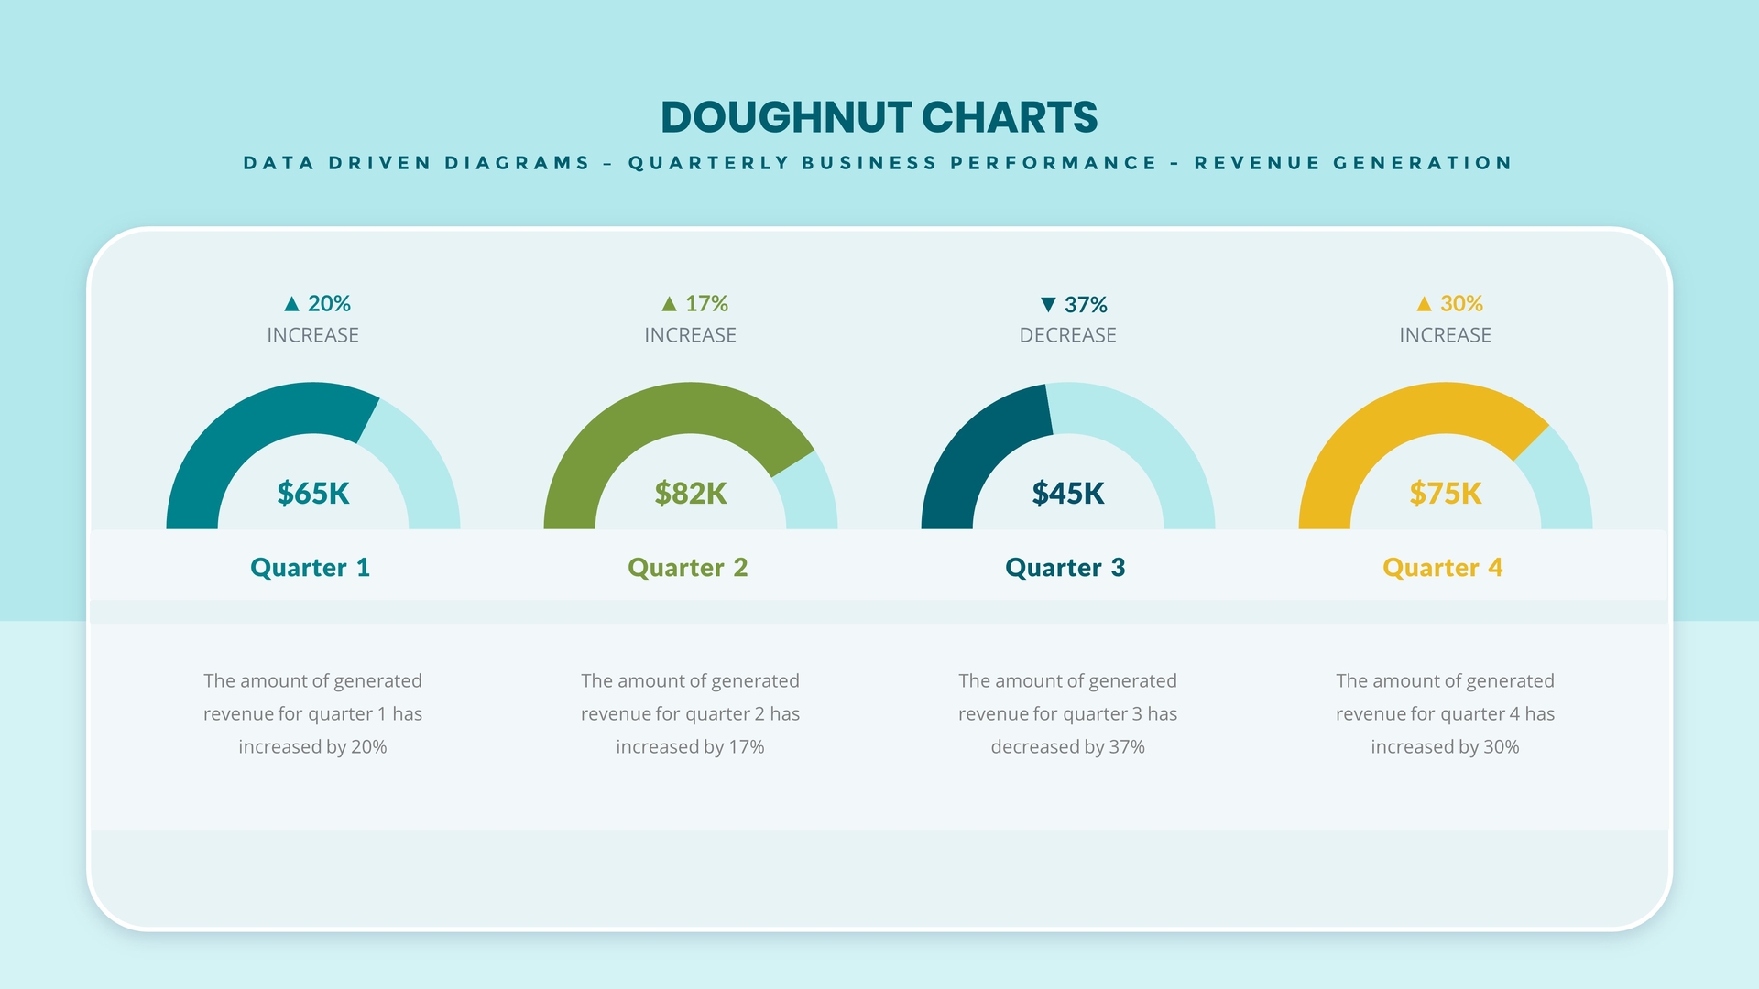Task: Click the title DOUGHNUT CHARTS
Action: tap(879, 117)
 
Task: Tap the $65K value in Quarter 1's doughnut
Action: tap(313, 494)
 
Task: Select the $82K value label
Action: tap(691, 494)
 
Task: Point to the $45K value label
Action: tap(1068, 494)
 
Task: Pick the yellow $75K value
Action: tap(1446, 494)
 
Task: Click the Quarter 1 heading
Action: tap(311, 568)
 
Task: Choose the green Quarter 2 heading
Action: tap(688, 568)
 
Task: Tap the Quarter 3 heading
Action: tap(1065, 568)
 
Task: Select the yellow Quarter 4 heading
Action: tap(1443, 568)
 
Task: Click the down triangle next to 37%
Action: tap(1048, 304)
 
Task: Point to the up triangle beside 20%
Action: tap(292, 304)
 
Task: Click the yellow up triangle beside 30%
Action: tap(1424, 304)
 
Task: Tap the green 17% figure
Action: tap(706, 303)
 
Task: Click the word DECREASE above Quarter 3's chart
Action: tap(1068, 335)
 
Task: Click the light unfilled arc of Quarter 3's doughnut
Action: tap(1154, 440)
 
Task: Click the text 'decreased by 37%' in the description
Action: tap(1068, 747)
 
